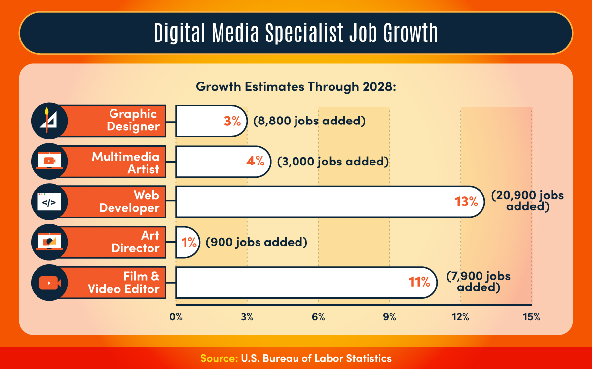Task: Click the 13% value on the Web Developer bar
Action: point(466,202)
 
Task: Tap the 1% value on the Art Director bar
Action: point(188,242)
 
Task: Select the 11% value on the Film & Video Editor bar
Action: point(419,283)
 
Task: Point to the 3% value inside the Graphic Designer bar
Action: point(232,121)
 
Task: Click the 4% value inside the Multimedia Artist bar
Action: point(256,162)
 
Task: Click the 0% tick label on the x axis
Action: point(176,317)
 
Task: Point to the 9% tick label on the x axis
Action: point(390,317)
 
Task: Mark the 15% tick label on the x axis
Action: point(532,317)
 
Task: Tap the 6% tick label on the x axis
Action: point(318,317)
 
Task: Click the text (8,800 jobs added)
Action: point(309,121)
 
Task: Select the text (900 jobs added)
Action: point(257,242)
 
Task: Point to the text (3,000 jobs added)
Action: point(333,162)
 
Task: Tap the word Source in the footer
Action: point(219,358)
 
